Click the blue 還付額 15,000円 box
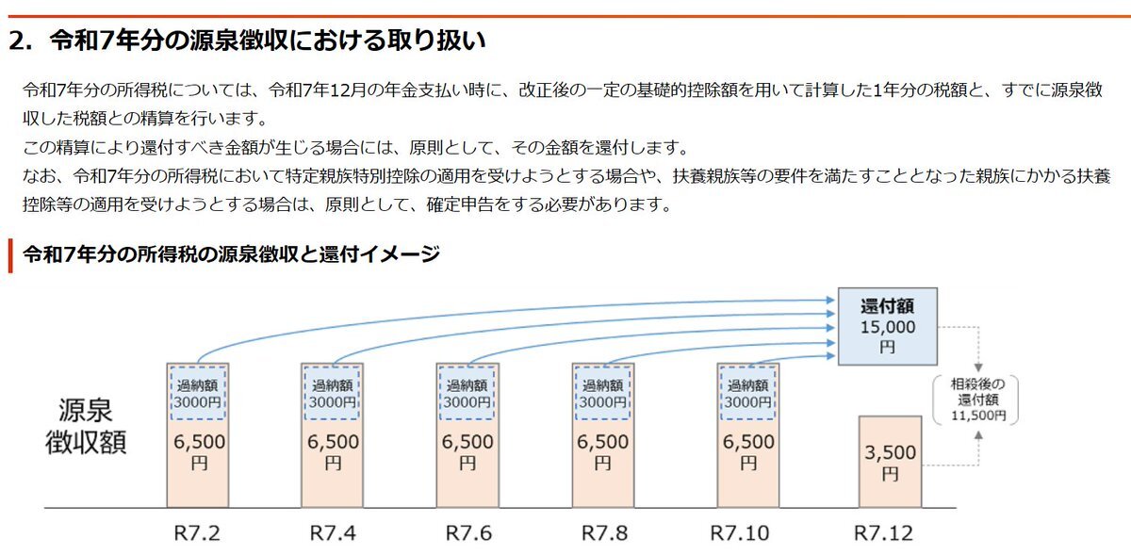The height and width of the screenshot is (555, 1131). coord(888,326)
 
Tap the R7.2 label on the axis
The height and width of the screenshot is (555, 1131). coord(198,533)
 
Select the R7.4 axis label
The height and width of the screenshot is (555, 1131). coord(333,533)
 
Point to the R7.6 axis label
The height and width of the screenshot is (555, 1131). coord(467,533)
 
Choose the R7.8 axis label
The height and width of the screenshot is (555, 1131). coord(603,533)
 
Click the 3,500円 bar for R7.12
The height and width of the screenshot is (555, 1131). coord(890,462)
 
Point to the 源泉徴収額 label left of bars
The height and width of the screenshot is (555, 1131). coord(87,427)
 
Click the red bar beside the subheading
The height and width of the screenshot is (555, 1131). coord(10,255)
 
